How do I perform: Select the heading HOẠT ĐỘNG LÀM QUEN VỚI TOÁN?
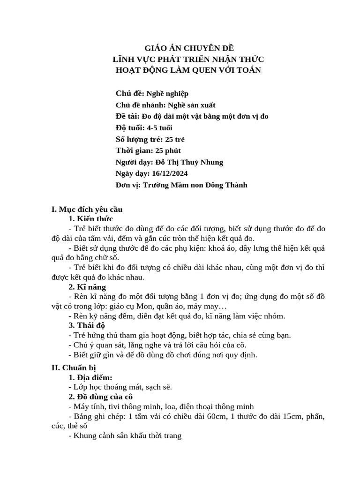pos(188,70)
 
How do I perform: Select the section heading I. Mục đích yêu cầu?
pos(87,210)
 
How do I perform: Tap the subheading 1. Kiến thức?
pos(90,219)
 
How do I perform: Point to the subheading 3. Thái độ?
pos(87,325)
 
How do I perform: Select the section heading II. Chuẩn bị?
pos(74,368)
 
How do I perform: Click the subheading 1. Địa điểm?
pos(90,377)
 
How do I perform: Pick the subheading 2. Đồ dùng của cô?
pos(101,397)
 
